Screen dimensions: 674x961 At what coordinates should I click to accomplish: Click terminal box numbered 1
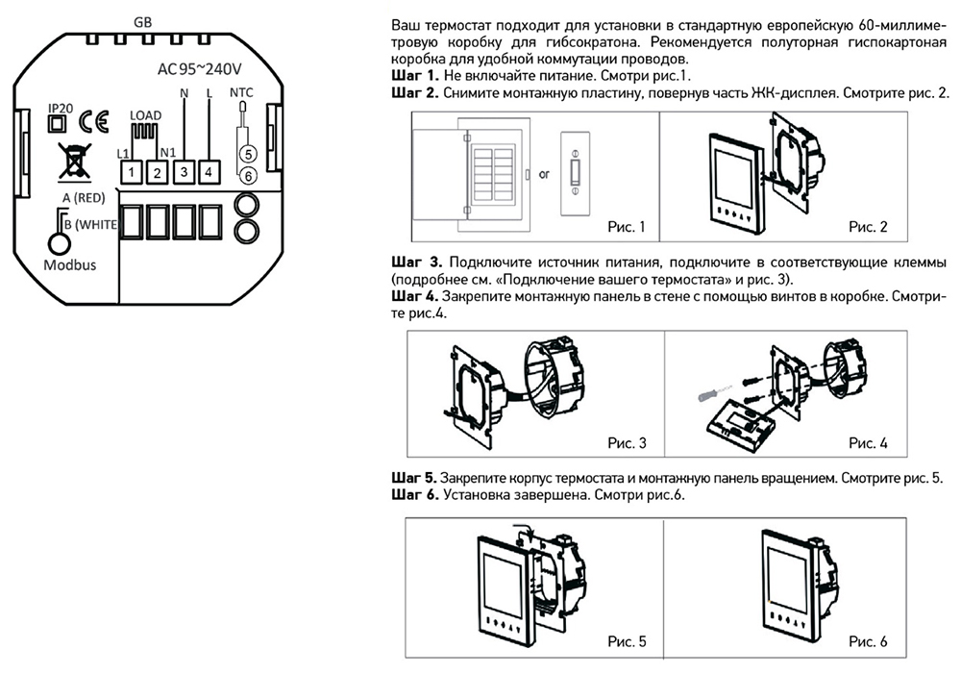coord(130,171)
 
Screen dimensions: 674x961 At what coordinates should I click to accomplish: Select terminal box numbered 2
coord(156,171)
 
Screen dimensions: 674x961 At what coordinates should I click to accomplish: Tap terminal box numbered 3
coord(184,171)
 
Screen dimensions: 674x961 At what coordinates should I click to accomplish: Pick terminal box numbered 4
coord(209,171)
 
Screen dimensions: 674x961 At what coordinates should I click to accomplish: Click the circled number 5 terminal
coord(247,154)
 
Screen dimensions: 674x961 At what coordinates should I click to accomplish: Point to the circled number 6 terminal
coord(247,175)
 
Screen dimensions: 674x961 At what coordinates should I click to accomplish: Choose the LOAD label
coord(145,115)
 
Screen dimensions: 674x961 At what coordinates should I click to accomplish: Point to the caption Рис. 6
coord(868,641)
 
